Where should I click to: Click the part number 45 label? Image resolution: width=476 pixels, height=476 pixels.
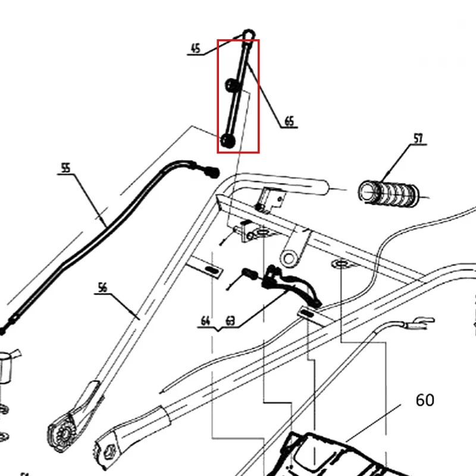click(x=196, y=48)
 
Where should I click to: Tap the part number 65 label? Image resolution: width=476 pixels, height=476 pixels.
click(x=290, y=121)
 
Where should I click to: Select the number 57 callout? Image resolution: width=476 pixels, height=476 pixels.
click(x=418, y=139)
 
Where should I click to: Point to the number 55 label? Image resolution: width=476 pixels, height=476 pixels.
click(x=65, y=168)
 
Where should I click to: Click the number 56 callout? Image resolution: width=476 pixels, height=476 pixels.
click(x=102, y=287)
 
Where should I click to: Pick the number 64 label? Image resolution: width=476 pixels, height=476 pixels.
click(x=205, y=321)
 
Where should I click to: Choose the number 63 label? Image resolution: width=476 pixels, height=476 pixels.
click(x=230, y=321)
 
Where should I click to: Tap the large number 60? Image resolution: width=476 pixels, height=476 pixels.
click(x=425, y=400)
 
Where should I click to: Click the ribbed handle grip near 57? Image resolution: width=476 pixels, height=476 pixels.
click(x=389, y=193)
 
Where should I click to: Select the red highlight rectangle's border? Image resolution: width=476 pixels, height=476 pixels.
click(x=217, y=96)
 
